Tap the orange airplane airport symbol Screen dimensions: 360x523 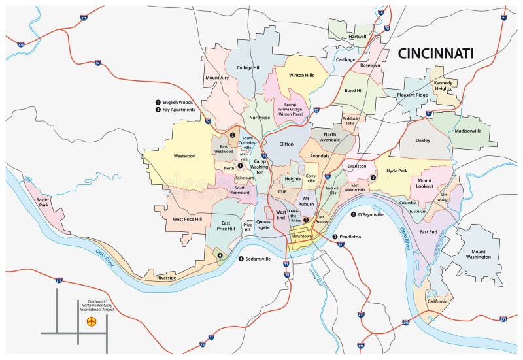click(92, 321)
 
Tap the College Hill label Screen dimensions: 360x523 click(248, 67)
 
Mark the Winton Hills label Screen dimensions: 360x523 click(301, 75)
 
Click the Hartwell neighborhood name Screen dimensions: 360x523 click(358, 37)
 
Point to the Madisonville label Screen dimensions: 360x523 click(467, 131)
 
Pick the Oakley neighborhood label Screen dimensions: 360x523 click(423, 139)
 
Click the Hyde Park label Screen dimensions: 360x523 click(397, 171)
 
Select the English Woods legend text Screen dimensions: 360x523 click(179, 102)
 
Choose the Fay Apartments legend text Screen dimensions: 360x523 click(180, 110)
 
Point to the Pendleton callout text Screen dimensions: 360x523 click(352, 237)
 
